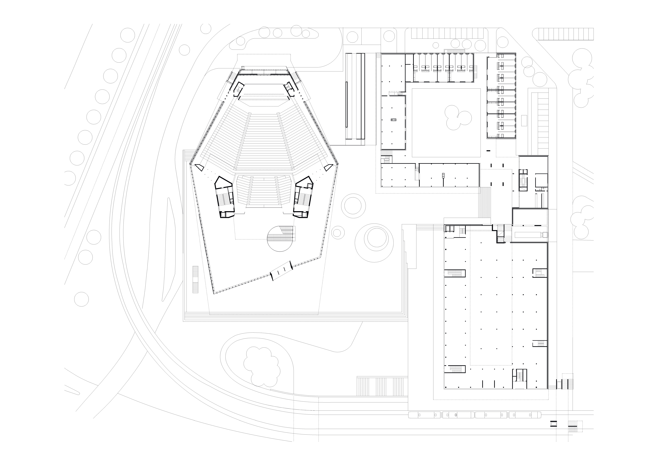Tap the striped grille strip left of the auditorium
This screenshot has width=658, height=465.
(x=195, y=279)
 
